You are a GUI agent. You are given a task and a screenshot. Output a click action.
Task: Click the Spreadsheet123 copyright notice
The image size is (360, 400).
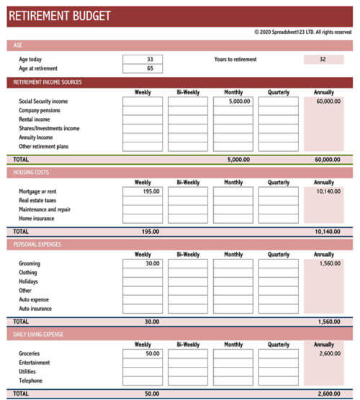coord(302,32)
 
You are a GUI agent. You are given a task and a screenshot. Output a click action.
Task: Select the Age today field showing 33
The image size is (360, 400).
coord(143,60)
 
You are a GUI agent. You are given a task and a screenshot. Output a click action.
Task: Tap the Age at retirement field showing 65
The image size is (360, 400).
coord(143,69)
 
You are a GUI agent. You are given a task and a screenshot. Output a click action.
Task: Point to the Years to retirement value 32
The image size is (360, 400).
coord(323,60)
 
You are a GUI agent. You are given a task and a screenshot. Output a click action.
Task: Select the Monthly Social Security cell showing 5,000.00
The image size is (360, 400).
coord(233,102)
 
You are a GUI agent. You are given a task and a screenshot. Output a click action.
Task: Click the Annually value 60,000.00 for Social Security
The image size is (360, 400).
coord(328,102)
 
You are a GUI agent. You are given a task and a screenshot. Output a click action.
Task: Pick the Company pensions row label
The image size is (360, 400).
coord(39,111)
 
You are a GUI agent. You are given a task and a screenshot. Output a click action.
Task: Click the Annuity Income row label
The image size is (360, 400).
coord(35,137)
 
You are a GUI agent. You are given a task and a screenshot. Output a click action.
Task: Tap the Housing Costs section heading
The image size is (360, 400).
coord(33,173)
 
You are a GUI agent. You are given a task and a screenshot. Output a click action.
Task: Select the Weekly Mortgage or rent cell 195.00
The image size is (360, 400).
coord(143,192)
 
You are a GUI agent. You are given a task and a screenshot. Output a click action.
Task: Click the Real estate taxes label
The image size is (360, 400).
coord(37,201)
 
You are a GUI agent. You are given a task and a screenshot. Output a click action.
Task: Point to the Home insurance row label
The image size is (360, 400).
coord(36,219)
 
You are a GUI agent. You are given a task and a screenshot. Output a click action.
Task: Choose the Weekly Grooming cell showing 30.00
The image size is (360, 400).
coord(143,264)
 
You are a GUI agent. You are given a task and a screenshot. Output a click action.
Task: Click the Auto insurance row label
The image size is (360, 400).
coord(35,309)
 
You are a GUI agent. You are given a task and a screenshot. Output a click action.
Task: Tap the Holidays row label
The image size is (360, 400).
coord(30,282)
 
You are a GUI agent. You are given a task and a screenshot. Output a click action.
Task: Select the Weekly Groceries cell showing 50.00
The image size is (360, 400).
coord(143,354)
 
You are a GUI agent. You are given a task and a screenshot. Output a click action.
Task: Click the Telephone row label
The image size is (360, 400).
coord(30,381)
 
